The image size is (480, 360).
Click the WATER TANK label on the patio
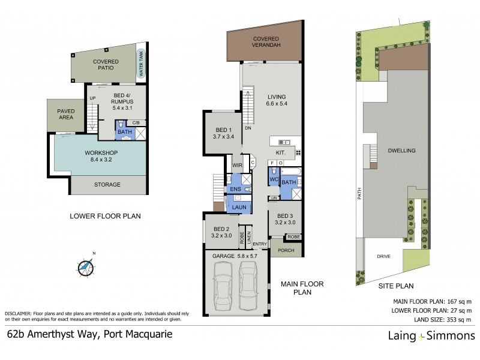[x=142, y=62]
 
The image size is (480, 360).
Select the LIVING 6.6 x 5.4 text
[x=276, y=100]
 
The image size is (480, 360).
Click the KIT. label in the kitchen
[x=281, y=154]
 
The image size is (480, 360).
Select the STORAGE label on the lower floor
[x=108, y=184]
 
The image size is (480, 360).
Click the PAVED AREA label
[x=65, y=114]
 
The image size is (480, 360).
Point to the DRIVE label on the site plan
[x=384, y=257]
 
